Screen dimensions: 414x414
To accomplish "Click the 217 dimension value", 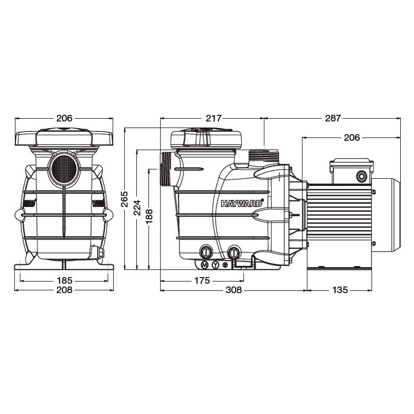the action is [x=214, y=118].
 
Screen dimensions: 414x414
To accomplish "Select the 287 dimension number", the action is [x=333, y=118].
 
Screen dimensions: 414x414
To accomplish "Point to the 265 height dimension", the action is [x=125, y=199].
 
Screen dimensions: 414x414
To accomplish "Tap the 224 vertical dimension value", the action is [x=137, y=208].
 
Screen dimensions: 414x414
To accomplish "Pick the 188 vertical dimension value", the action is [x=150, y=216].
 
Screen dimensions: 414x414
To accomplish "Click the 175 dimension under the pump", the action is [x=202, y=280].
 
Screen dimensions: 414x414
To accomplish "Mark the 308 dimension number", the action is [x=233, y=290].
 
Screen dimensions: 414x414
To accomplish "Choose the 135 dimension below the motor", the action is [x=340, y=290].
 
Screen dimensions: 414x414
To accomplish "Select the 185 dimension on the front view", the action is [x=65, y=280].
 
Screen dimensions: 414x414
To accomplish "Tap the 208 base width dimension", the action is [x=65, y=290].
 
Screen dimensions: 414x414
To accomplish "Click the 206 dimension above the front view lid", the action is [x=64, y=118].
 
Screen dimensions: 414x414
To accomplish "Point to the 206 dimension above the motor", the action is [x=352, y=137].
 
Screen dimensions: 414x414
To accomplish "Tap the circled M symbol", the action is [x=204, y=265].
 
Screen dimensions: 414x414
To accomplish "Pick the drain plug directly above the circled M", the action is [x=206, y=252].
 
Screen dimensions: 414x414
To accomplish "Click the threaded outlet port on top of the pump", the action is [x=263, y=156].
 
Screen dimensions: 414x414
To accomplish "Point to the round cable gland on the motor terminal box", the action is [x=362, y=176].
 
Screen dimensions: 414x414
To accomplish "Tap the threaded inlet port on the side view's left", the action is [x=166, y=169].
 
